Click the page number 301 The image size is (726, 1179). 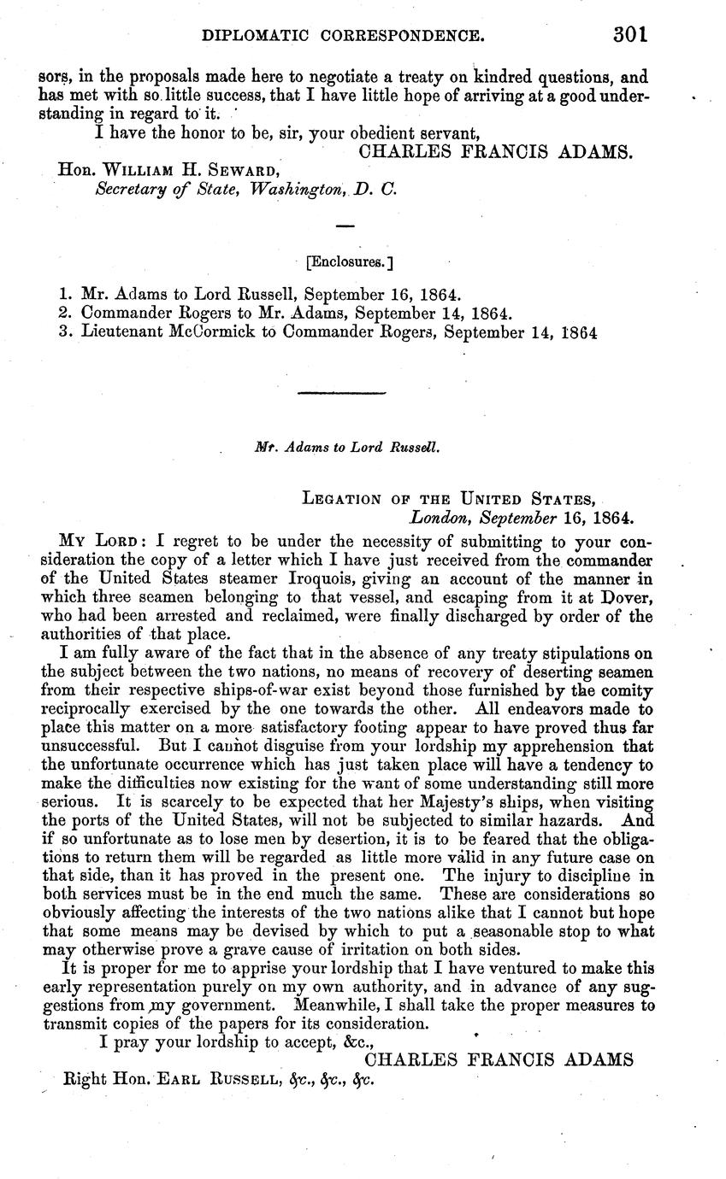tap(631, 36)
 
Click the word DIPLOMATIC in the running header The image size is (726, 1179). tap(248, 37)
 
